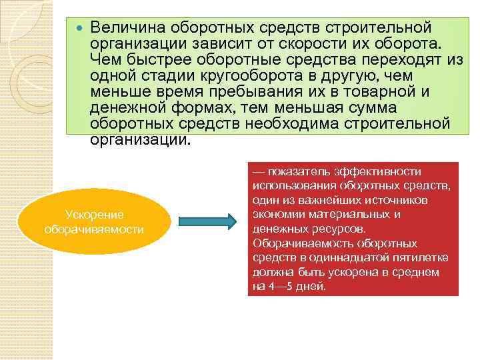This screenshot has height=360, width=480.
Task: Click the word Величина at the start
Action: point(127,29)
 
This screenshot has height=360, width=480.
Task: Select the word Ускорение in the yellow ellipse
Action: point(94,214)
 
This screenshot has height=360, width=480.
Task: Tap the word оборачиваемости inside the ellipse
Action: point(94,229)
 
